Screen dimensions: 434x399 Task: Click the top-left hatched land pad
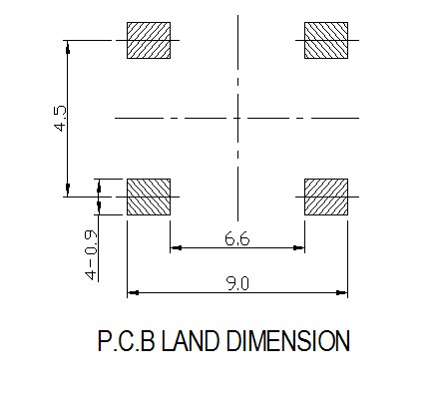[x=149, y=40]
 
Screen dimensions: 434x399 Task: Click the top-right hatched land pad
[x=326, y=40]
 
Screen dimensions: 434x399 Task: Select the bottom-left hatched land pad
[x=149, y=197]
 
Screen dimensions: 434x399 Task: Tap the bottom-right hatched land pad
[x=326, y=197]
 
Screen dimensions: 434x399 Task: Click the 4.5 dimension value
[x=61, y=119]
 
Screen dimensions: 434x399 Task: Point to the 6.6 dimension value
[x=236, y=238]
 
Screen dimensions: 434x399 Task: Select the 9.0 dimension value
[x=237, y=284]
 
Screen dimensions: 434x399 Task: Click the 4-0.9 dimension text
[x=91, y=255]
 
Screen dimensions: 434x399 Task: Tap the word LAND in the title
[x=191, y=341]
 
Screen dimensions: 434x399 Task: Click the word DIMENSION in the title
[x=288, y=341]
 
